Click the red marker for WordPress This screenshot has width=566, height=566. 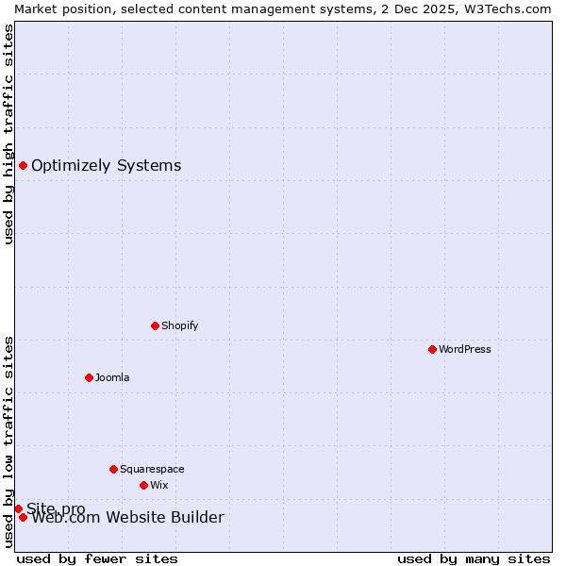[432, 349]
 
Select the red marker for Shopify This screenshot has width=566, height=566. [155, 325]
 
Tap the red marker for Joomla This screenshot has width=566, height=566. [89, 377]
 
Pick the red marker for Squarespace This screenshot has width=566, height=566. [113, 469]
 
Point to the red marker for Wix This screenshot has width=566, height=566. [143, 485]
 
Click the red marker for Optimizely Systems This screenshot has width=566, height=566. [23, 166]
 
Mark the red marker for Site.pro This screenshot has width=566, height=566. [18, 508]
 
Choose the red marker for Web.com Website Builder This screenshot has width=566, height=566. [23, 517]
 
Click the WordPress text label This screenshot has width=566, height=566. [465, 349]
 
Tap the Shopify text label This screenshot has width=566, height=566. [180, 325]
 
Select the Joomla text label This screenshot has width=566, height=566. [112, 377]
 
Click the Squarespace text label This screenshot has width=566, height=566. [152, 469]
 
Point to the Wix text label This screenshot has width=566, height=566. [159, 485]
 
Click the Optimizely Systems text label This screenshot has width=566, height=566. [107, 166]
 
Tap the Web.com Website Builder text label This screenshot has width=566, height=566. [128, 517]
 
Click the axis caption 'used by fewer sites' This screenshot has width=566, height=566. [97, 558]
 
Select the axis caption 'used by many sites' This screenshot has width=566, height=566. [474, 558]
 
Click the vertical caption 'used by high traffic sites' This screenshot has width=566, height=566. [8, 134]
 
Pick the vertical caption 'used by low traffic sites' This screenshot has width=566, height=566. [8, 441]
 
